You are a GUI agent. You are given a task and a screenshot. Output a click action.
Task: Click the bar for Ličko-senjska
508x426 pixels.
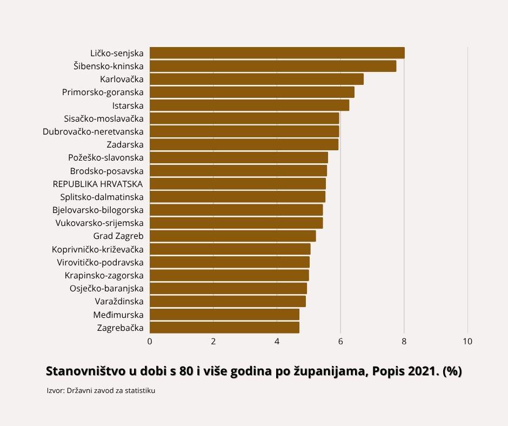pos(277,53)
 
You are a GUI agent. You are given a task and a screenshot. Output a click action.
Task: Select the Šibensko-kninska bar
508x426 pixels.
pos(273,66)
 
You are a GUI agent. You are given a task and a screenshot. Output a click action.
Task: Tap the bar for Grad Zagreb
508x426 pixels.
pos(232,236)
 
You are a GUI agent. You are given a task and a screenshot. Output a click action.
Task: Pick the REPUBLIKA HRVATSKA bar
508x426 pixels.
pos(237,184)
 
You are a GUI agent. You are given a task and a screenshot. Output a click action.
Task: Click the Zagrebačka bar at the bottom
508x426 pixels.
pos(224,327)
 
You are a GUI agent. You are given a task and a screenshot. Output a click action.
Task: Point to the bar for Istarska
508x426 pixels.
pos(249,105)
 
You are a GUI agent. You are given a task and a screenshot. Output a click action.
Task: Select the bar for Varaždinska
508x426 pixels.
pos(228,301)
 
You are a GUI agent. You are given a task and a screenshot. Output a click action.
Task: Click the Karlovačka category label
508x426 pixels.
pos(122,79)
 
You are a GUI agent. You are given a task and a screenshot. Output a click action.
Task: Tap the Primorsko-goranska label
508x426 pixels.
pos(103,92)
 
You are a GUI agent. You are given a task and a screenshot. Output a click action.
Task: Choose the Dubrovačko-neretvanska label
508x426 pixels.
pos(93,131)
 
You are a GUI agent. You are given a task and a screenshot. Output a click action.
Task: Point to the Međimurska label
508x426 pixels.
pos(118,315)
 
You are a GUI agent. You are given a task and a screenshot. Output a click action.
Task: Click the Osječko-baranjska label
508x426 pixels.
pos(106,288)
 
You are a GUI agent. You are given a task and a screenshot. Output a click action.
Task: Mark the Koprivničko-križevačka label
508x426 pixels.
pos(98,249)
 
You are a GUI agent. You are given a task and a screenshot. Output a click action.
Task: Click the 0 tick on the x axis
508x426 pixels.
pos(150,342)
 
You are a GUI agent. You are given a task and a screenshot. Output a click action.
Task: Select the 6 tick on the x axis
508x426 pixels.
pos(340,342)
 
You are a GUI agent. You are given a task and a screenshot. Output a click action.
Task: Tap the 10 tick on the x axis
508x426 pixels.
pos(467,342)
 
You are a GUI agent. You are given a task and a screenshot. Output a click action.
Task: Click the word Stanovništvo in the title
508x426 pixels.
pos(84,372)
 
